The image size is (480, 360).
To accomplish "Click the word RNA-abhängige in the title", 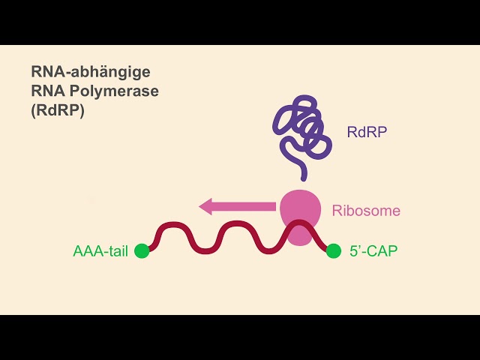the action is (x=91, y=73).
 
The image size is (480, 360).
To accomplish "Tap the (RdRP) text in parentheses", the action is (x=58, y=110).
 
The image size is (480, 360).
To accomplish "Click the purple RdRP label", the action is (x=367, y=132).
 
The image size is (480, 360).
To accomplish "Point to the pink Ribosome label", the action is (x=366, y=211).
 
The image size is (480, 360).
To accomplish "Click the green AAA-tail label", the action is (x=100, y=251).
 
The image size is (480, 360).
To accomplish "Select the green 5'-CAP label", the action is (x=373, y=251).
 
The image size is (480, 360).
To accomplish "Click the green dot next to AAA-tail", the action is (x=142, y=251).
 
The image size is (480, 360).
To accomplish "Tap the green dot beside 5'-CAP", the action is (x=333, y=251).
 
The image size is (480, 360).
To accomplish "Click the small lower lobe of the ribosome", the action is (x=300, y=237).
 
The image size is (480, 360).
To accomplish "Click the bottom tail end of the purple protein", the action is (x=304, y=178).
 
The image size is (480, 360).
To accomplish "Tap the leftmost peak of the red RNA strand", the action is (x=173, y=224).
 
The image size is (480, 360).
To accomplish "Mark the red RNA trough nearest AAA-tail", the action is (x=205, y=251).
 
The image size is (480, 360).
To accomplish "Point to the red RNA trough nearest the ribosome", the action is (x=268, y=251).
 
